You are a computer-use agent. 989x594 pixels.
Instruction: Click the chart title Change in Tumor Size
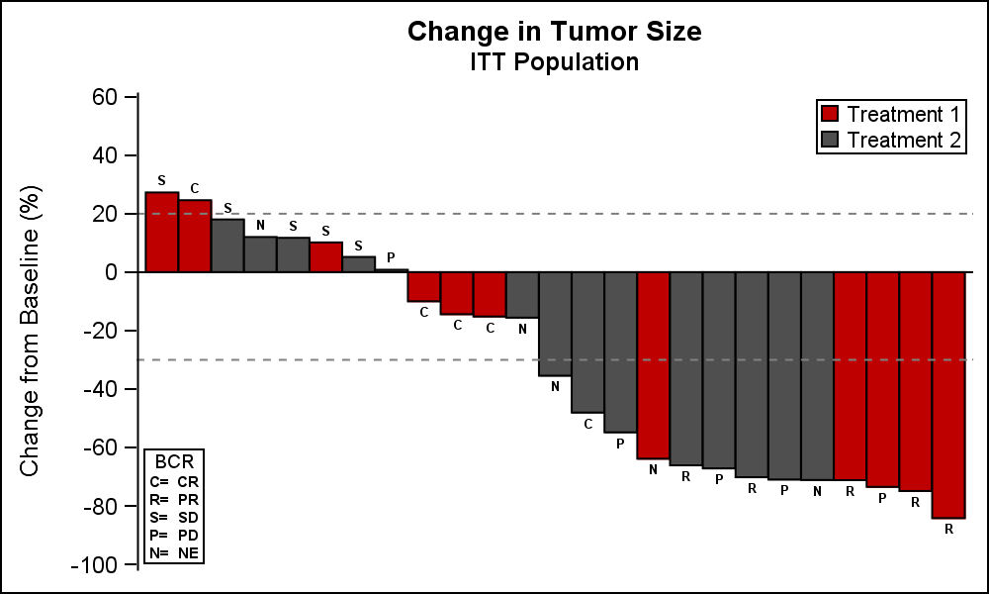click(554, 32)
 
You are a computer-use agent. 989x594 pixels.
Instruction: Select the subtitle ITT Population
click(554, 62)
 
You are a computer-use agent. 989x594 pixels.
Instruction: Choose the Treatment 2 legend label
click(904, 140)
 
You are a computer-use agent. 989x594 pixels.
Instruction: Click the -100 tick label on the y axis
click(95, 564)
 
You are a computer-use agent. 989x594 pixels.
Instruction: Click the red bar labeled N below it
click(653, 365)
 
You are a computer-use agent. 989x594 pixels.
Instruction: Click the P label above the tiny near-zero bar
click(391, 257)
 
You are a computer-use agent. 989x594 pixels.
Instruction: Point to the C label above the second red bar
click(195, 188)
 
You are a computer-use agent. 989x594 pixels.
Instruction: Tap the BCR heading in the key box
click(174, 461)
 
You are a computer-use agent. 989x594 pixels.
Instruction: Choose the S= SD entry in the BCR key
click(174, 517)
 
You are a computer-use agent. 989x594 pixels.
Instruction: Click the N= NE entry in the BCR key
click(174, 552)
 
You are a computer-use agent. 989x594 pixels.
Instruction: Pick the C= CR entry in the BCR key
click(174, 481)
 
